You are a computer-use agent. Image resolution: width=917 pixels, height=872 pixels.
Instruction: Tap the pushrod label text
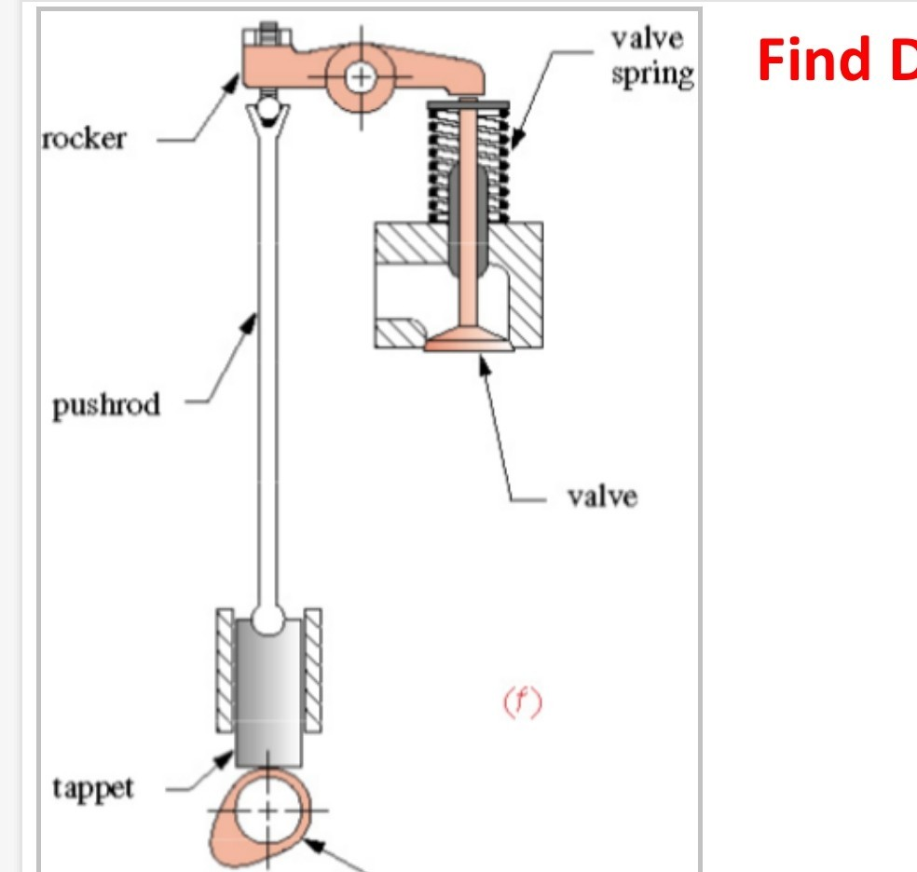pyautogui.click(x=106, y=404)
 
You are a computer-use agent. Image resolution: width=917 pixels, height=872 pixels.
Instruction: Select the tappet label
pyautogui.click(x=93, y=787)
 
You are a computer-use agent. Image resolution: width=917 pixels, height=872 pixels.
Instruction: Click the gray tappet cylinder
pyautogui.click(x=268, y=689)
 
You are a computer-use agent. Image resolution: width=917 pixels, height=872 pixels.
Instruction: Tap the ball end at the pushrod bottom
pyautogui.click(x=268, y=617)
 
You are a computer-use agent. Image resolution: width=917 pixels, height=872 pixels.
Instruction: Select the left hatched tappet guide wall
pyautogui.click(x=225, y=666)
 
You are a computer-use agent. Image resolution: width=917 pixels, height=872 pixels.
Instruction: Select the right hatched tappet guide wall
pyautogui.click(x=313, y=666)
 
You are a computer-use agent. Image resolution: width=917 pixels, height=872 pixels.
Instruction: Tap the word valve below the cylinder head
pyautogui.click(x=602, y=496)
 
